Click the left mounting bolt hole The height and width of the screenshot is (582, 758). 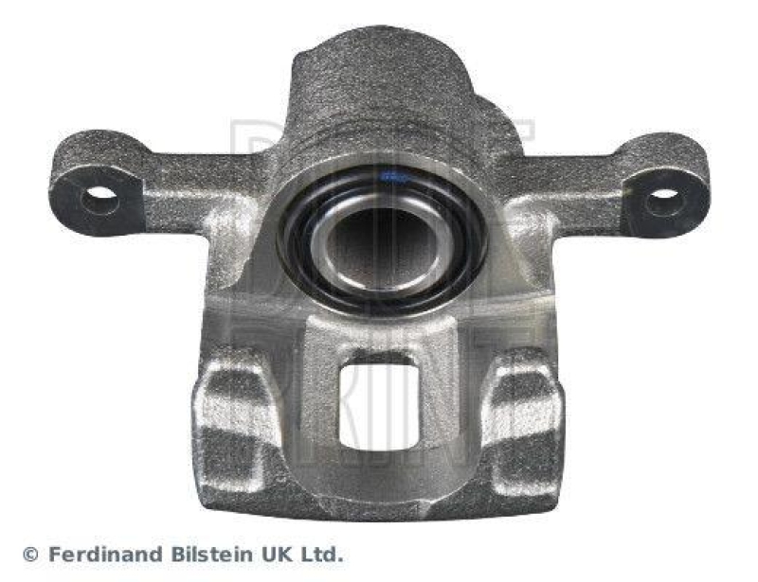coord(99,200)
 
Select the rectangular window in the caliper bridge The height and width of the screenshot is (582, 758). coord(379,403)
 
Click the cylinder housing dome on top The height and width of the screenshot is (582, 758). coord(379,85)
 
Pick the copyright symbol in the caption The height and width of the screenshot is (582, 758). coord(30,555)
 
